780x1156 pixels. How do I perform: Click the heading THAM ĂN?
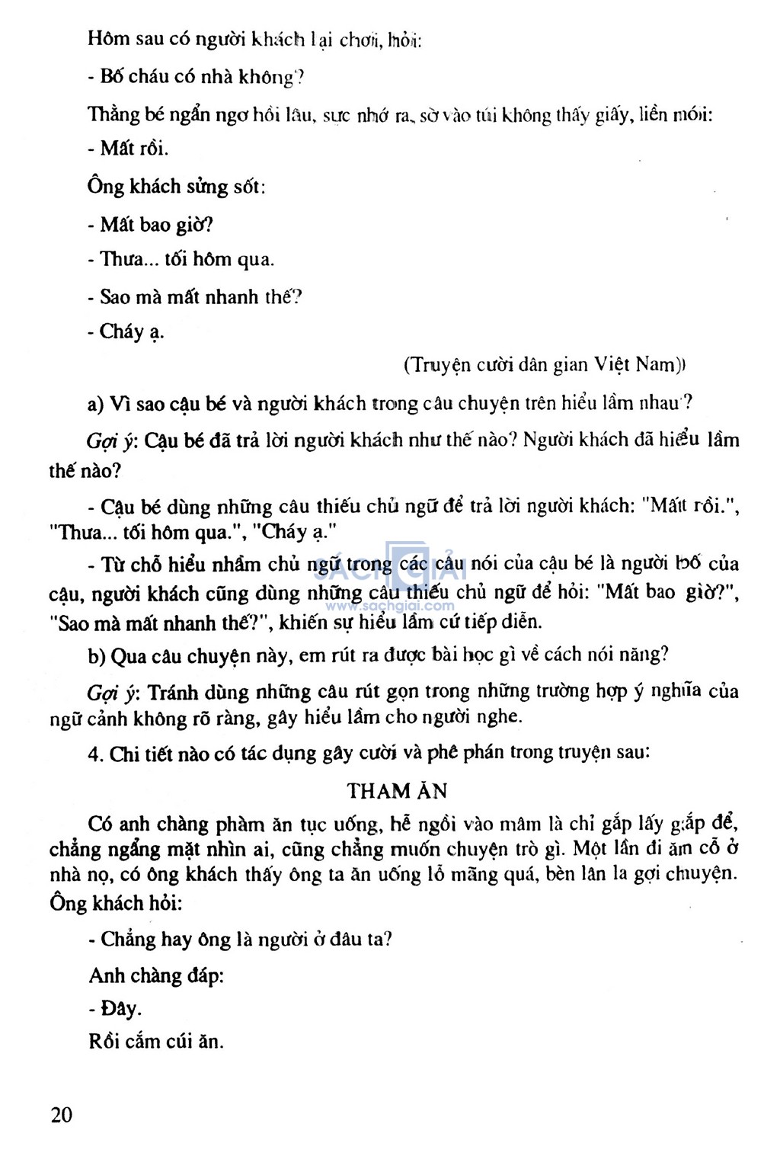click(397, 791)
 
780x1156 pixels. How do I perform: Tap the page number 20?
click(62, 1115)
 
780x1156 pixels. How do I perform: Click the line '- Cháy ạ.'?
click(126, 332)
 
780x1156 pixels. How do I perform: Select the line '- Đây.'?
click(116, 1009)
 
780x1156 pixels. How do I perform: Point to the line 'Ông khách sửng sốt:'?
click(176, 187)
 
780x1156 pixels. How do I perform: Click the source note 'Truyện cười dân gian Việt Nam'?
click(544, 365)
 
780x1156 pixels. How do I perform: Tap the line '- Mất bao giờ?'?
click(150, 225)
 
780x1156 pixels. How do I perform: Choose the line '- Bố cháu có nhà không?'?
click(197, 77)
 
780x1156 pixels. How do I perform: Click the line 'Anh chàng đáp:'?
click(156, 975)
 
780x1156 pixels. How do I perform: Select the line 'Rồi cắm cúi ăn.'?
click(156, 1041)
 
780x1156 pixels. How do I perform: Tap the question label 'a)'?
click(96, 404)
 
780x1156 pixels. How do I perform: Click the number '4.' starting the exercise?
click(95, 754)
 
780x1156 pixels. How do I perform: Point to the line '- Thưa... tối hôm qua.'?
click(181, 260)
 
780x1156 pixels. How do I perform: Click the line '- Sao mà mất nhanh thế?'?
click(195, 296)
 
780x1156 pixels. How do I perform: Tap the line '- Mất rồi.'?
click(128, 149)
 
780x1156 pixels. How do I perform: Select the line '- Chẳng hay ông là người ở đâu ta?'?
click(240, 939)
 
